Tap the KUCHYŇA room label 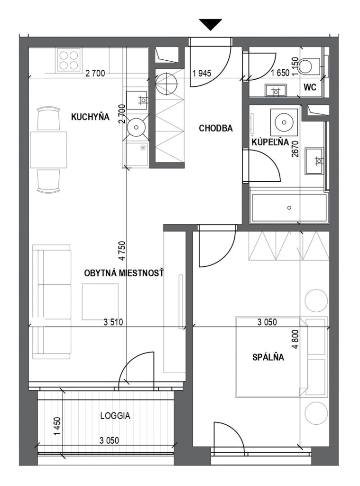coord(90,117)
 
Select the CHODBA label coord(216,128)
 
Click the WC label coord(310,87)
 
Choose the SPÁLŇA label coord(268,357)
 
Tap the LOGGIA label coord(115,416)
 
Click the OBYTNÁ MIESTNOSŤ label coord(124,273)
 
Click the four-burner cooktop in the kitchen coord(69,60)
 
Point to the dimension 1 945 coord(202,73)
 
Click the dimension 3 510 coord(113,322)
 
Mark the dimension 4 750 coord(122,251)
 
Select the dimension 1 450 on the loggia coord(57,426)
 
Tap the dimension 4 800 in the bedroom coord(295,339)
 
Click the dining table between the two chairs coord(49,150)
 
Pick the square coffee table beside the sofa coord(100,301)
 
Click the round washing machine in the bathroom coord(284,122)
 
